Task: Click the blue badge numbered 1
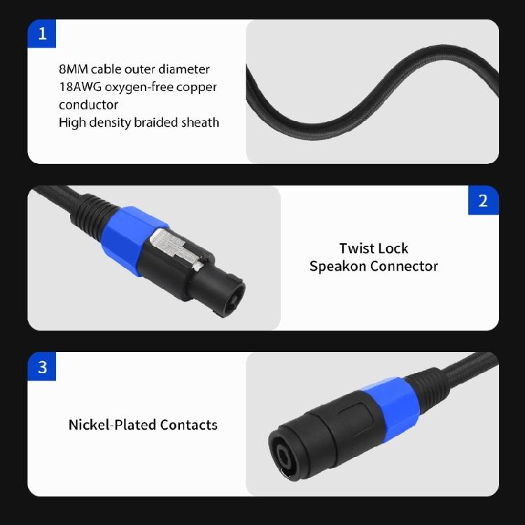point(41,34)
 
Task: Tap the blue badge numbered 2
point(483,200)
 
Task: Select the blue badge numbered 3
point(41,367)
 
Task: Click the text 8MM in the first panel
point(73,69)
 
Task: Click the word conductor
point(88,105)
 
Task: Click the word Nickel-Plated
point(112,425)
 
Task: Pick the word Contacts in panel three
point(189,425)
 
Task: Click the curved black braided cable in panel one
point(371,91)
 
